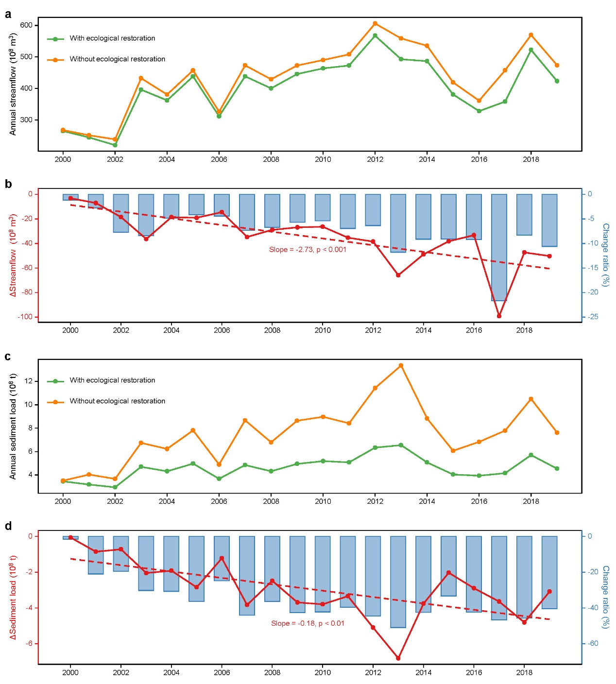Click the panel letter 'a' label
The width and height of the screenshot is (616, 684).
8,14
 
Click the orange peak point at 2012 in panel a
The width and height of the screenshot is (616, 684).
375,23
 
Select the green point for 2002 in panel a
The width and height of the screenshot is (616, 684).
115,145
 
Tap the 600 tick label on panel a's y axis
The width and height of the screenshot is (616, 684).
26,25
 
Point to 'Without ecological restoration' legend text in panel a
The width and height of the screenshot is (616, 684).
117,59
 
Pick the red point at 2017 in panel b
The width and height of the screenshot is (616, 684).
499,316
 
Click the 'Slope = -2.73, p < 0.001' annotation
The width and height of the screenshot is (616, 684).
308,250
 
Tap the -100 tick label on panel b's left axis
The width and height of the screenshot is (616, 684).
25,317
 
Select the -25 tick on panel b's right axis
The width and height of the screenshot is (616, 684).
593,317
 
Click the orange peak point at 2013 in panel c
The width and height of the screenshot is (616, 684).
401,365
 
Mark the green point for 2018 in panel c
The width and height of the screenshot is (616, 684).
531,455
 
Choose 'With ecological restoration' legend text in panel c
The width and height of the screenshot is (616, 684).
112,380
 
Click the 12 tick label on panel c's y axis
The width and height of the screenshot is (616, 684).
29,381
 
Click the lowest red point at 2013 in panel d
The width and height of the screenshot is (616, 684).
398,658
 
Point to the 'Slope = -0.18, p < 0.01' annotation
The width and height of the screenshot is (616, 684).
308,623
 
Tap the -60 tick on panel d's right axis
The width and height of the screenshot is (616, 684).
593,644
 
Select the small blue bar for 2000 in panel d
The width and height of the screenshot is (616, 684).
70,538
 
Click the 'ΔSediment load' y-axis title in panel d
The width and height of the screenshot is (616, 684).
13,598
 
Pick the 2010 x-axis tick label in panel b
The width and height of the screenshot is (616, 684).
323,330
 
